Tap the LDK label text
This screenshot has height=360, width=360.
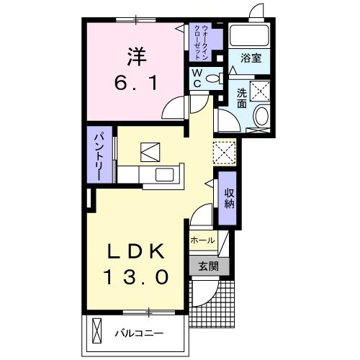(x=138, y=252)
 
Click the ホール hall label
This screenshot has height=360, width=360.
(x=203, y=240)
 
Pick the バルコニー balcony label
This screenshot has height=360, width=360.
(x=139, y=333)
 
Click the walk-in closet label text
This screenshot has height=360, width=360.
(x=201, y=42)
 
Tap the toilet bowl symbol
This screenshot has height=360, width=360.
(x=212, y=78)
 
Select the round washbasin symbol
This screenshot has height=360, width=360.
(x=261, y=117)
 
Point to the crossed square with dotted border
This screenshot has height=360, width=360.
(x=225, y=151)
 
